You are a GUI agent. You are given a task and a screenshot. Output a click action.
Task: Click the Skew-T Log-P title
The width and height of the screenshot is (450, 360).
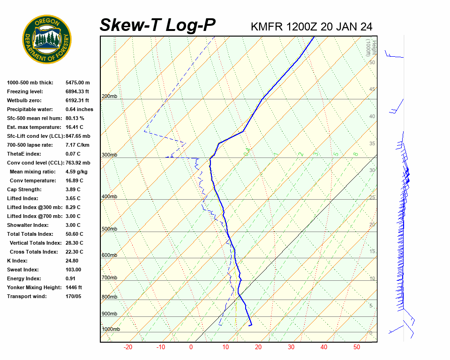157,25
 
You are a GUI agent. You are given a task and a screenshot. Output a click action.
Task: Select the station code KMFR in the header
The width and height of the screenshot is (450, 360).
267,27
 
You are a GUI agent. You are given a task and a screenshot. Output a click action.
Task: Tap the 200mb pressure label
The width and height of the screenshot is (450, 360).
109,97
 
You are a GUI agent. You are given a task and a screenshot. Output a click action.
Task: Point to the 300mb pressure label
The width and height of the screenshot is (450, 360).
109,155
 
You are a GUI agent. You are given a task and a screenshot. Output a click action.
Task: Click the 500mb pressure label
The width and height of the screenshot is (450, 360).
109,229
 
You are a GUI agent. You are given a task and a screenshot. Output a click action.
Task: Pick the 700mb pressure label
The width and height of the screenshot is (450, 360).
109,278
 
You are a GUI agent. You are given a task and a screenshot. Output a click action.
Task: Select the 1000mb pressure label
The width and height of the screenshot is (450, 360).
111,329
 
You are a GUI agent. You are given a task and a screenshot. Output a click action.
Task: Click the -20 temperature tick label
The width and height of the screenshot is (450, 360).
127,347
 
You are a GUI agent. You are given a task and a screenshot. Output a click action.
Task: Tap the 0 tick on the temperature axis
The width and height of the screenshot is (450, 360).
191,347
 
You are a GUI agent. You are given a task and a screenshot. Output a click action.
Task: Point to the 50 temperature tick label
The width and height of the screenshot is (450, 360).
357,347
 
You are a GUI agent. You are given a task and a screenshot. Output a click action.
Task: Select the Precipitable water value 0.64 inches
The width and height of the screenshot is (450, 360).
79,109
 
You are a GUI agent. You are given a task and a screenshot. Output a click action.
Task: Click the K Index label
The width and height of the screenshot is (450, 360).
17,261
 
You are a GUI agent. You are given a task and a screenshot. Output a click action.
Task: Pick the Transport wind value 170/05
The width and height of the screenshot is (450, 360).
73,296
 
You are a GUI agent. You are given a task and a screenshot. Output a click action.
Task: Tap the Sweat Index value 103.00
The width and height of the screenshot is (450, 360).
73,270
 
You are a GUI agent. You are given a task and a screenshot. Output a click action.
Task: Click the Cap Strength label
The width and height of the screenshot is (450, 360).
24,189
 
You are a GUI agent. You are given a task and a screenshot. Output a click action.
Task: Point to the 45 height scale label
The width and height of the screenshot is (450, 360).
372,89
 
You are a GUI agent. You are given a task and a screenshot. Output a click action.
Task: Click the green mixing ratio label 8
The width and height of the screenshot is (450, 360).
356,154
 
